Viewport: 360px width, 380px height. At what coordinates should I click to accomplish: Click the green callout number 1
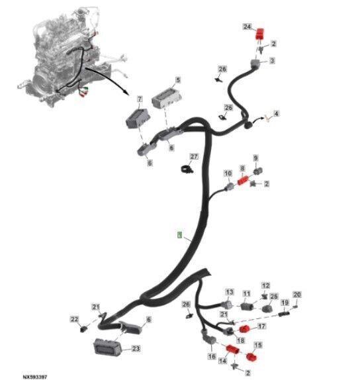(x=179, y=235)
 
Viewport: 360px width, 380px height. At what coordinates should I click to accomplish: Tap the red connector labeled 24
(x=259, y=34)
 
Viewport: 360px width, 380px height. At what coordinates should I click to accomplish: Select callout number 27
(x=194, y=157)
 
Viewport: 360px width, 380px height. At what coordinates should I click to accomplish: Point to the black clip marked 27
(x=187, y=169)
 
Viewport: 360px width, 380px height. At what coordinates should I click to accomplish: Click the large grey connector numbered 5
(x=167, y=98)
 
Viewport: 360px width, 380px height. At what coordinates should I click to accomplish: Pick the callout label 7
(x=140, y=99)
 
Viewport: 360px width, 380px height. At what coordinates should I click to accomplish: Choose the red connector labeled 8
(x=243, y=181)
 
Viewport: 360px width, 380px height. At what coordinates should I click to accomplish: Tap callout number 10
(x=228, y=173)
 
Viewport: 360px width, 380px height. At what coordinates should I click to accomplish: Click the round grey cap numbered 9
(x=257, y=171)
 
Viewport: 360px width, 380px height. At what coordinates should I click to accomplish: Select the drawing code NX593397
(x=35, y=377)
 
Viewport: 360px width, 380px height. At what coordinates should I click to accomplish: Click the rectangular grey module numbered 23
(x=107, y=347)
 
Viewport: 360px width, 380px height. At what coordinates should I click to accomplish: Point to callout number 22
(x=75, y=319)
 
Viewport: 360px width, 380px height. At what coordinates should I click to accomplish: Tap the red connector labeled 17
(x=244, y=329)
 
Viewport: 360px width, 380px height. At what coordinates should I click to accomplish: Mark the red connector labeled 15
(x=251, y=356)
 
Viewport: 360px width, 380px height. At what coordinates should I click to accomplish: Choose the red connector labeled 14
(x=233, y=350)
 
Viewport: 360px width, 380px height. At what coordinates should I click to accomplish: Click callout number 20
(x=297, y=295)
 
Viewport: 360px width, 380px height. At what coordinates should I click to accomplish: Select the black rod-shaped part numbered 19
(x=284, y=314)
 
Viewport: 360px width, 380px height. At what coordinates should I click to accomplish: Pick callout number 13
(x=230, y=292)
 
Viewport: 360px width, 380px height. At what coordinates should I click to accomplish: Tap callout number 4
(x=276, y=113)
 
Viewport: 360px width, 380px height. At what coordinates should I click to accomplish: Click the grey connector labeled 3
(x=256, y=64)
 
